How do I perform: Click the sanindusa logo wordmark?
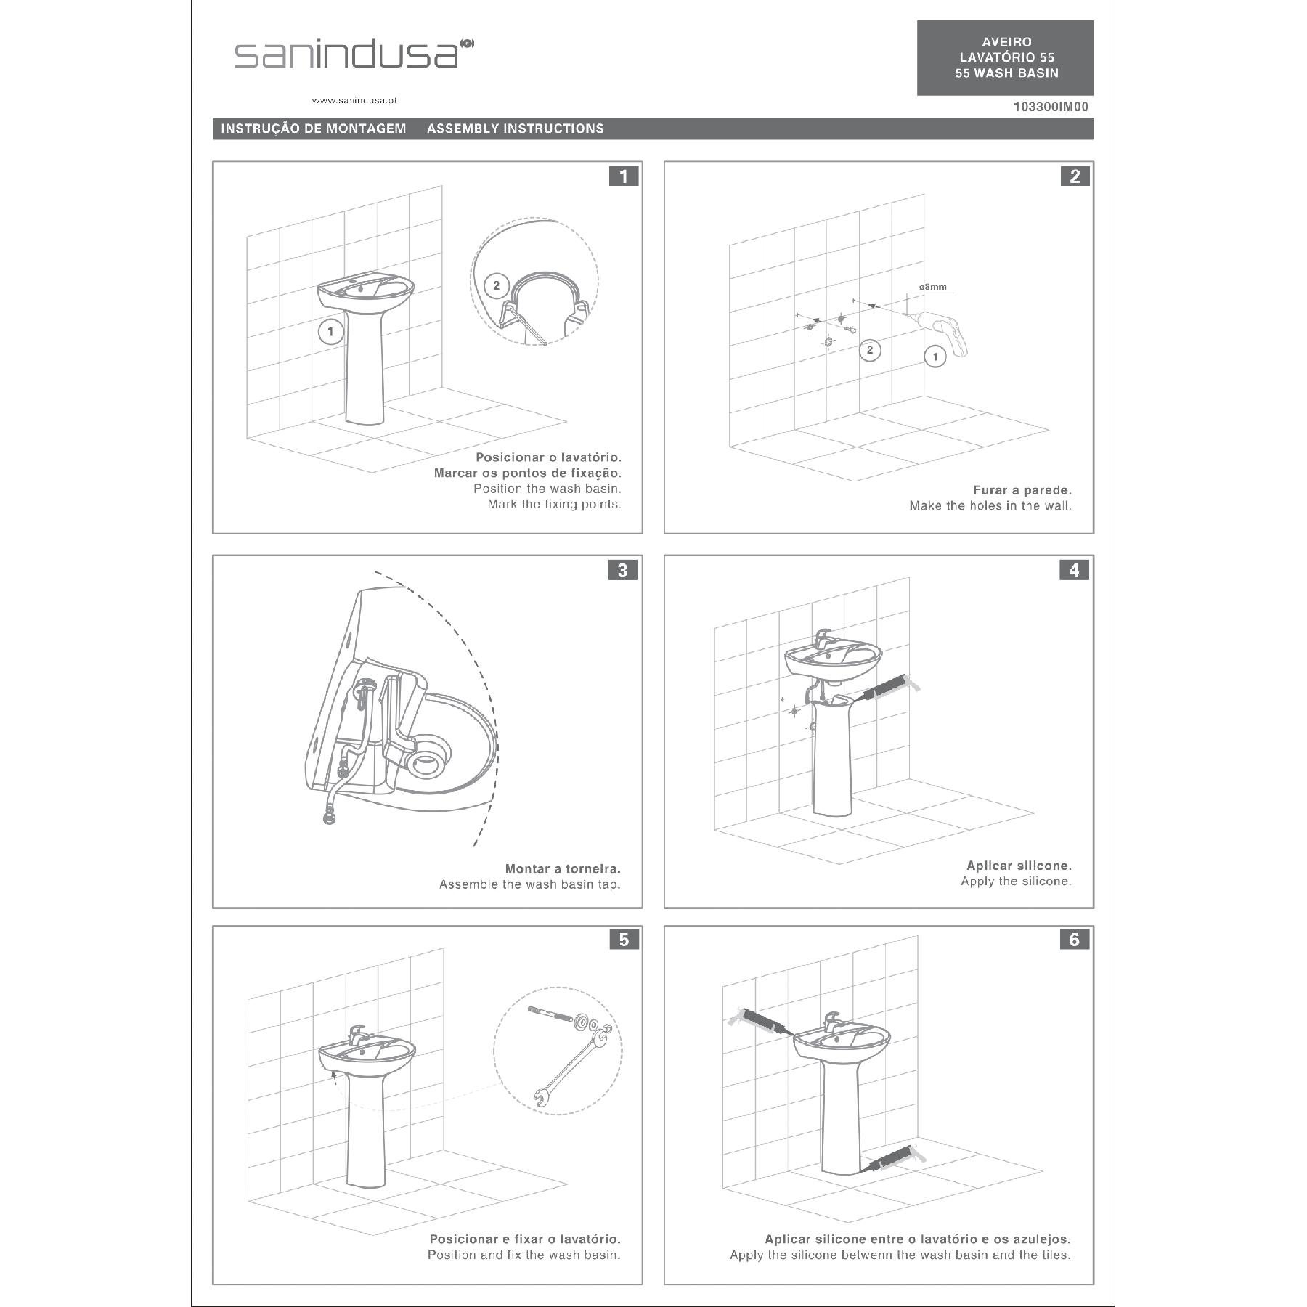354,54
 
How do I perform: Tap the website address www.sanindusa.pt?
354,100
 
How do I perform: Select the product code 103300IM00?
1051,107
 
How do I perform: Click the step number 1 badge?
624,176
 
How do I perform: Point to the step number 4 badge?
1075,570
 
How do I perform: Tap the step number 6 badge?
1075,940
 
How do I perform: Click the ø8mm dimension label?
932,287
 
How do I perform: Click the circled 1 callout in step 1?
330,333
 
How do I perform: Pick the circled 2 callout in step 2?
870,350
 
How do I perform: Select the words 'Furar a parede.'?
1022,490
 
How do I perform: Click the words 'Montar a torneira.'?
563,868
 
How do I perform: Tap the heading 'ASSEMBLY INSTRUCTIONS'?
516,129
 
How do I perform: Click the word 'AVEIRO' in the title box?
1006,42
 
